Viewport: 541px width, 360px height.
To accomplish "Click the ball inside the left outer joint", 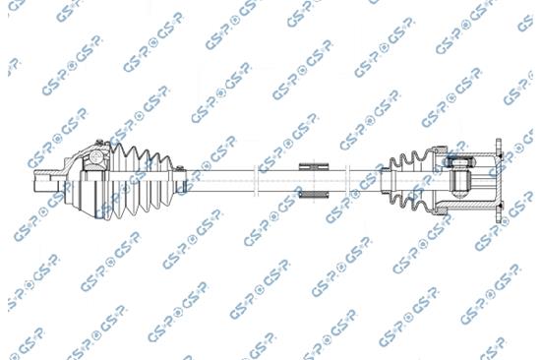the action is [96, 157].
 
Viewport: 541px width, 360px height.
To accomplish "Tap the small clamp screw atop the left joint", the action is [99, 142].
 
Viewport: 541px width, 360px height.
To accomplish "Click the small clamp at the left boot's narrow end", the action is [180, 180].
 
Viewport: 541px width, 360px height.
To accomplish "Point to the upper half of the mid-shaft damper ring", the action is [314, 166].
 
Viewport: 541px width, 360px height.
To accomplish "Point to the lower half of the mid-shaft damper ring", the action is [314, 195].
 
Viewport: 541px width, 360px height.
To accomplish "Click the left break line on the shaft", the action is [256, 181].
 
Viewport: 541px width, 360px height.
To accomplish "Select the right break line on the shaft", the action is [347, 181].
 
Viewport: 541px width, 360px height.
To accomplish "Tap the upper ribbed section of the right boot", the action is [410, 161].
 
